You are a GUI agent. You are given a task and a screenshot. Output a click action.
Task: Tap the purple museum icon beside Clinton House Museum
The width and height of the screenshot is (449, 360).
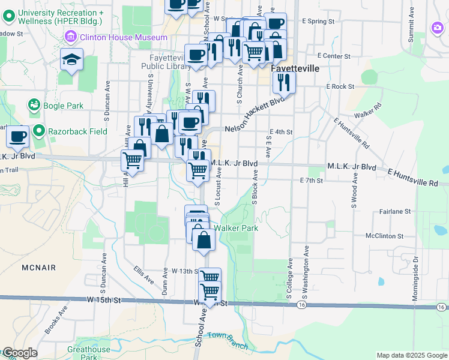(x=71, y=37)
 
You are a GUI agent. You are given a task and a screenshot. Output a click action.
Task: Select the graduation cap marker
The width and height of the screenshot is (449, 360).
(x=71, y=59)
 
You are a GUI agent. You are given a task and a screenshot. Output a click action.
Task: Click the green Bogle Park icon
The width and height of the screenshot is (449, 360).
(x=34, y=106)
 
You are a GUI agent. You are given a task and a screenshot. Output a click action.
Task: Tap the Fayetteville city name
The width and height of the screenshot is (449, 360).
(x=295, y=68)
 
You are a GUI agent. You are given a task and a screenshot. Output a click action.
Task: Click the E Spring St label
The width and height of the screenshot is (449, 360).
(x=318, y=22)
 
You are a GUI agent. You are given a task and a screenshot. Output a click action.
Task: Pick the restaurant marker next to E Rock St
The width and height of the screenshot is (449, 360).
(x=284, y=82)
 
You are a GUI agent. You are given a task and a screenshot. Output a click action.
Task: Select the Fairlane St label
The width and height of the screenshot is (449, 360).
(x=395, y=212)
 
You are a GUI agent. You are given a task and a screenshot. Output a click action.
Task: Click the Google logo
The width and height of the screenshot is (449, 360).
(x=19, y=353)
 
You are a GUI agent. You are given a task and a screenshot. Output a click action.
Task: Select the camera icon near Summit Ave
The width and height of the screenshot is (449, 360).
(x=437, y=27)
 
